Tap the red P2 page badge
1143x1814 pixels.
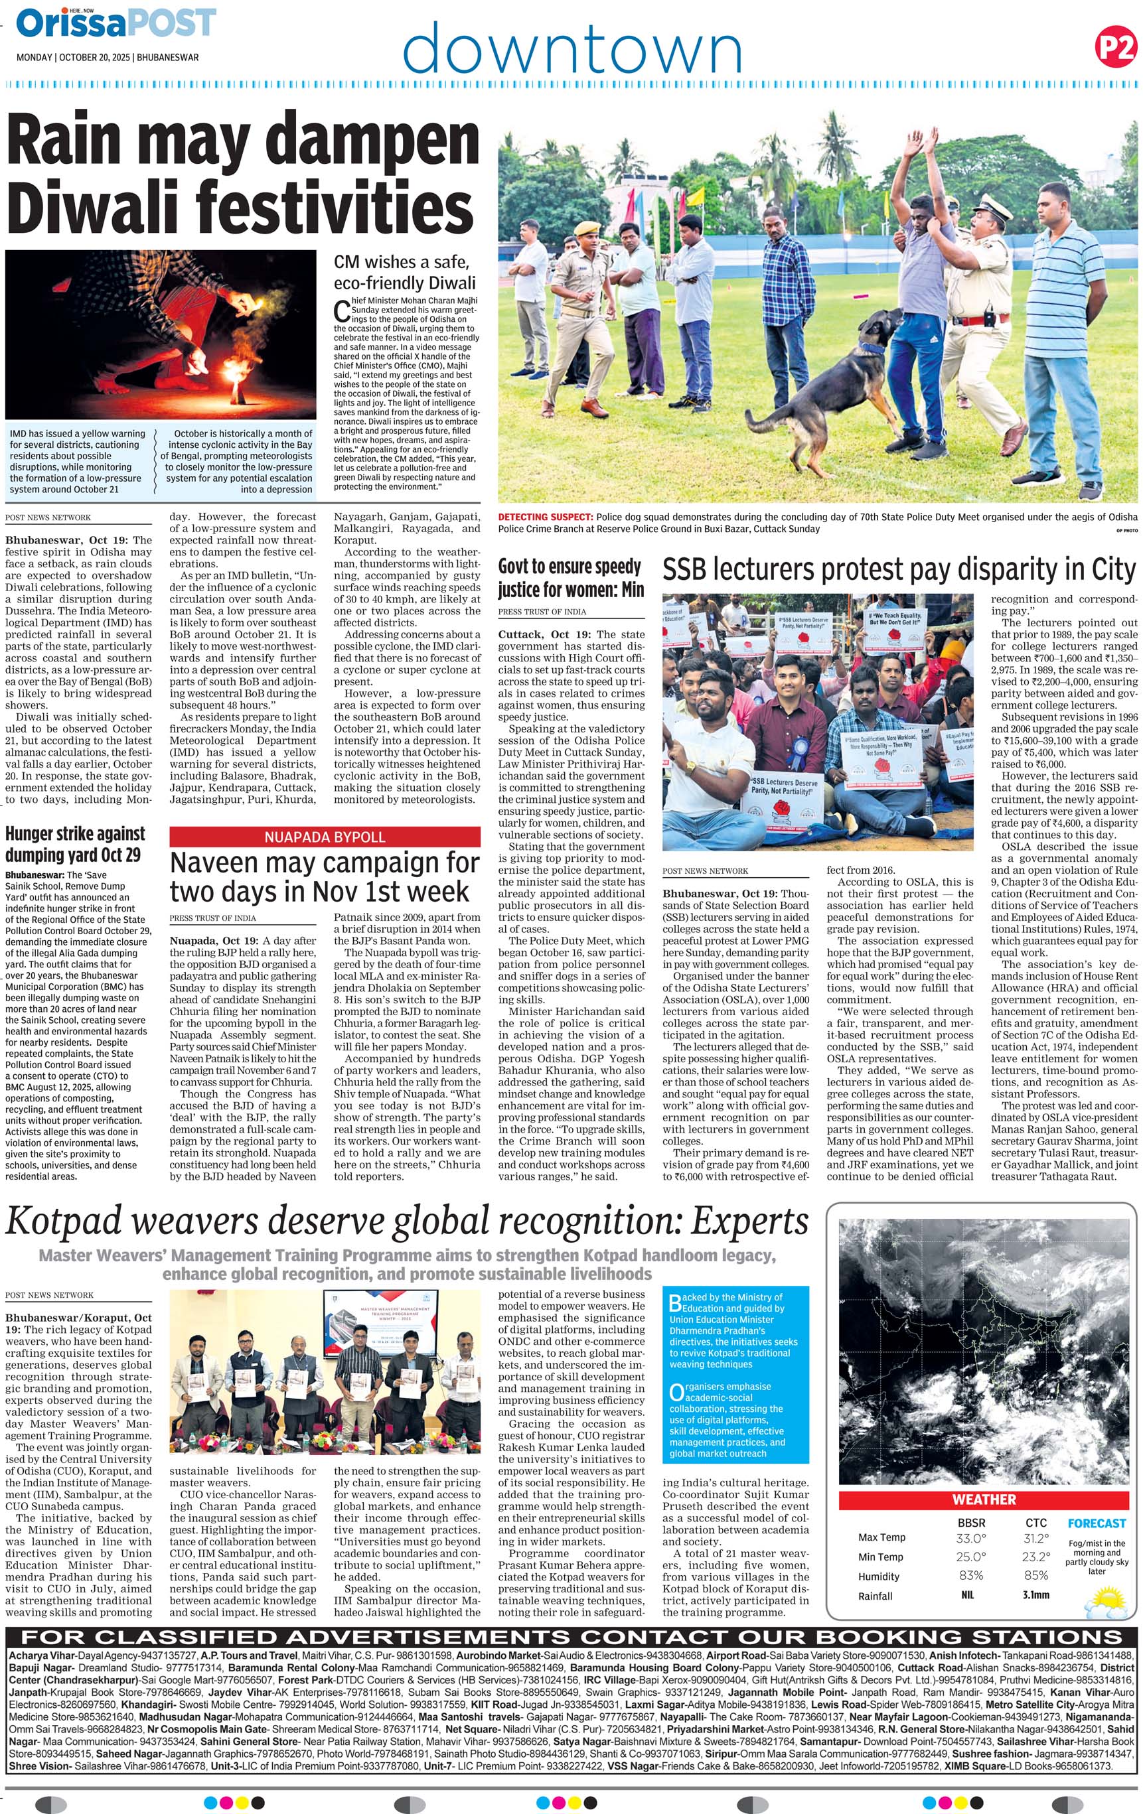click(x=1114, y=48)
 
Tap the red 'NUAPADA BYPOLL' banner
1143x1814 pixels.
click(x=324, y=837)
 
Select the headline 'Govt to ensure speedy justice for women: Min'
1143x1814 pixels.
click(x=570, y=578)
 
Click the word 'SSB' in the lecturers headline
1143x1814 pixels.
click(x=687, y=570)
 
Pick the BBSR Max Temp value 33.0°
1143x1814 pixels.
click(x=970, y=1538)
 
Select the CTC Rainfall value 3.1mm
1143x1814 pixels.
click(x=1035, y=1595)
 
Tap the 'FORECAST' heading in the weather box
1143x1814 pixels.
click(x=1097, y=1523)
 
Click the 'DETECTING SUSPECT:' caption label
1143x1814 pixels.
click(x=546, y=517)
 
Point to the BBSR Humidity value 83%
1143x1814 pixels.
click(x=970, y=1575)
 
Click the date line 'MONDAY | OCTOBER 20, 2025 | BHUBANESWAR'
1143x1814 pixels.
click(x=108, y=57)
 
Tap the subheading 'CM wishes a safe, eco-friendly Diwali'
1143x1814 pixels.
click(x=405, y=272)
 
